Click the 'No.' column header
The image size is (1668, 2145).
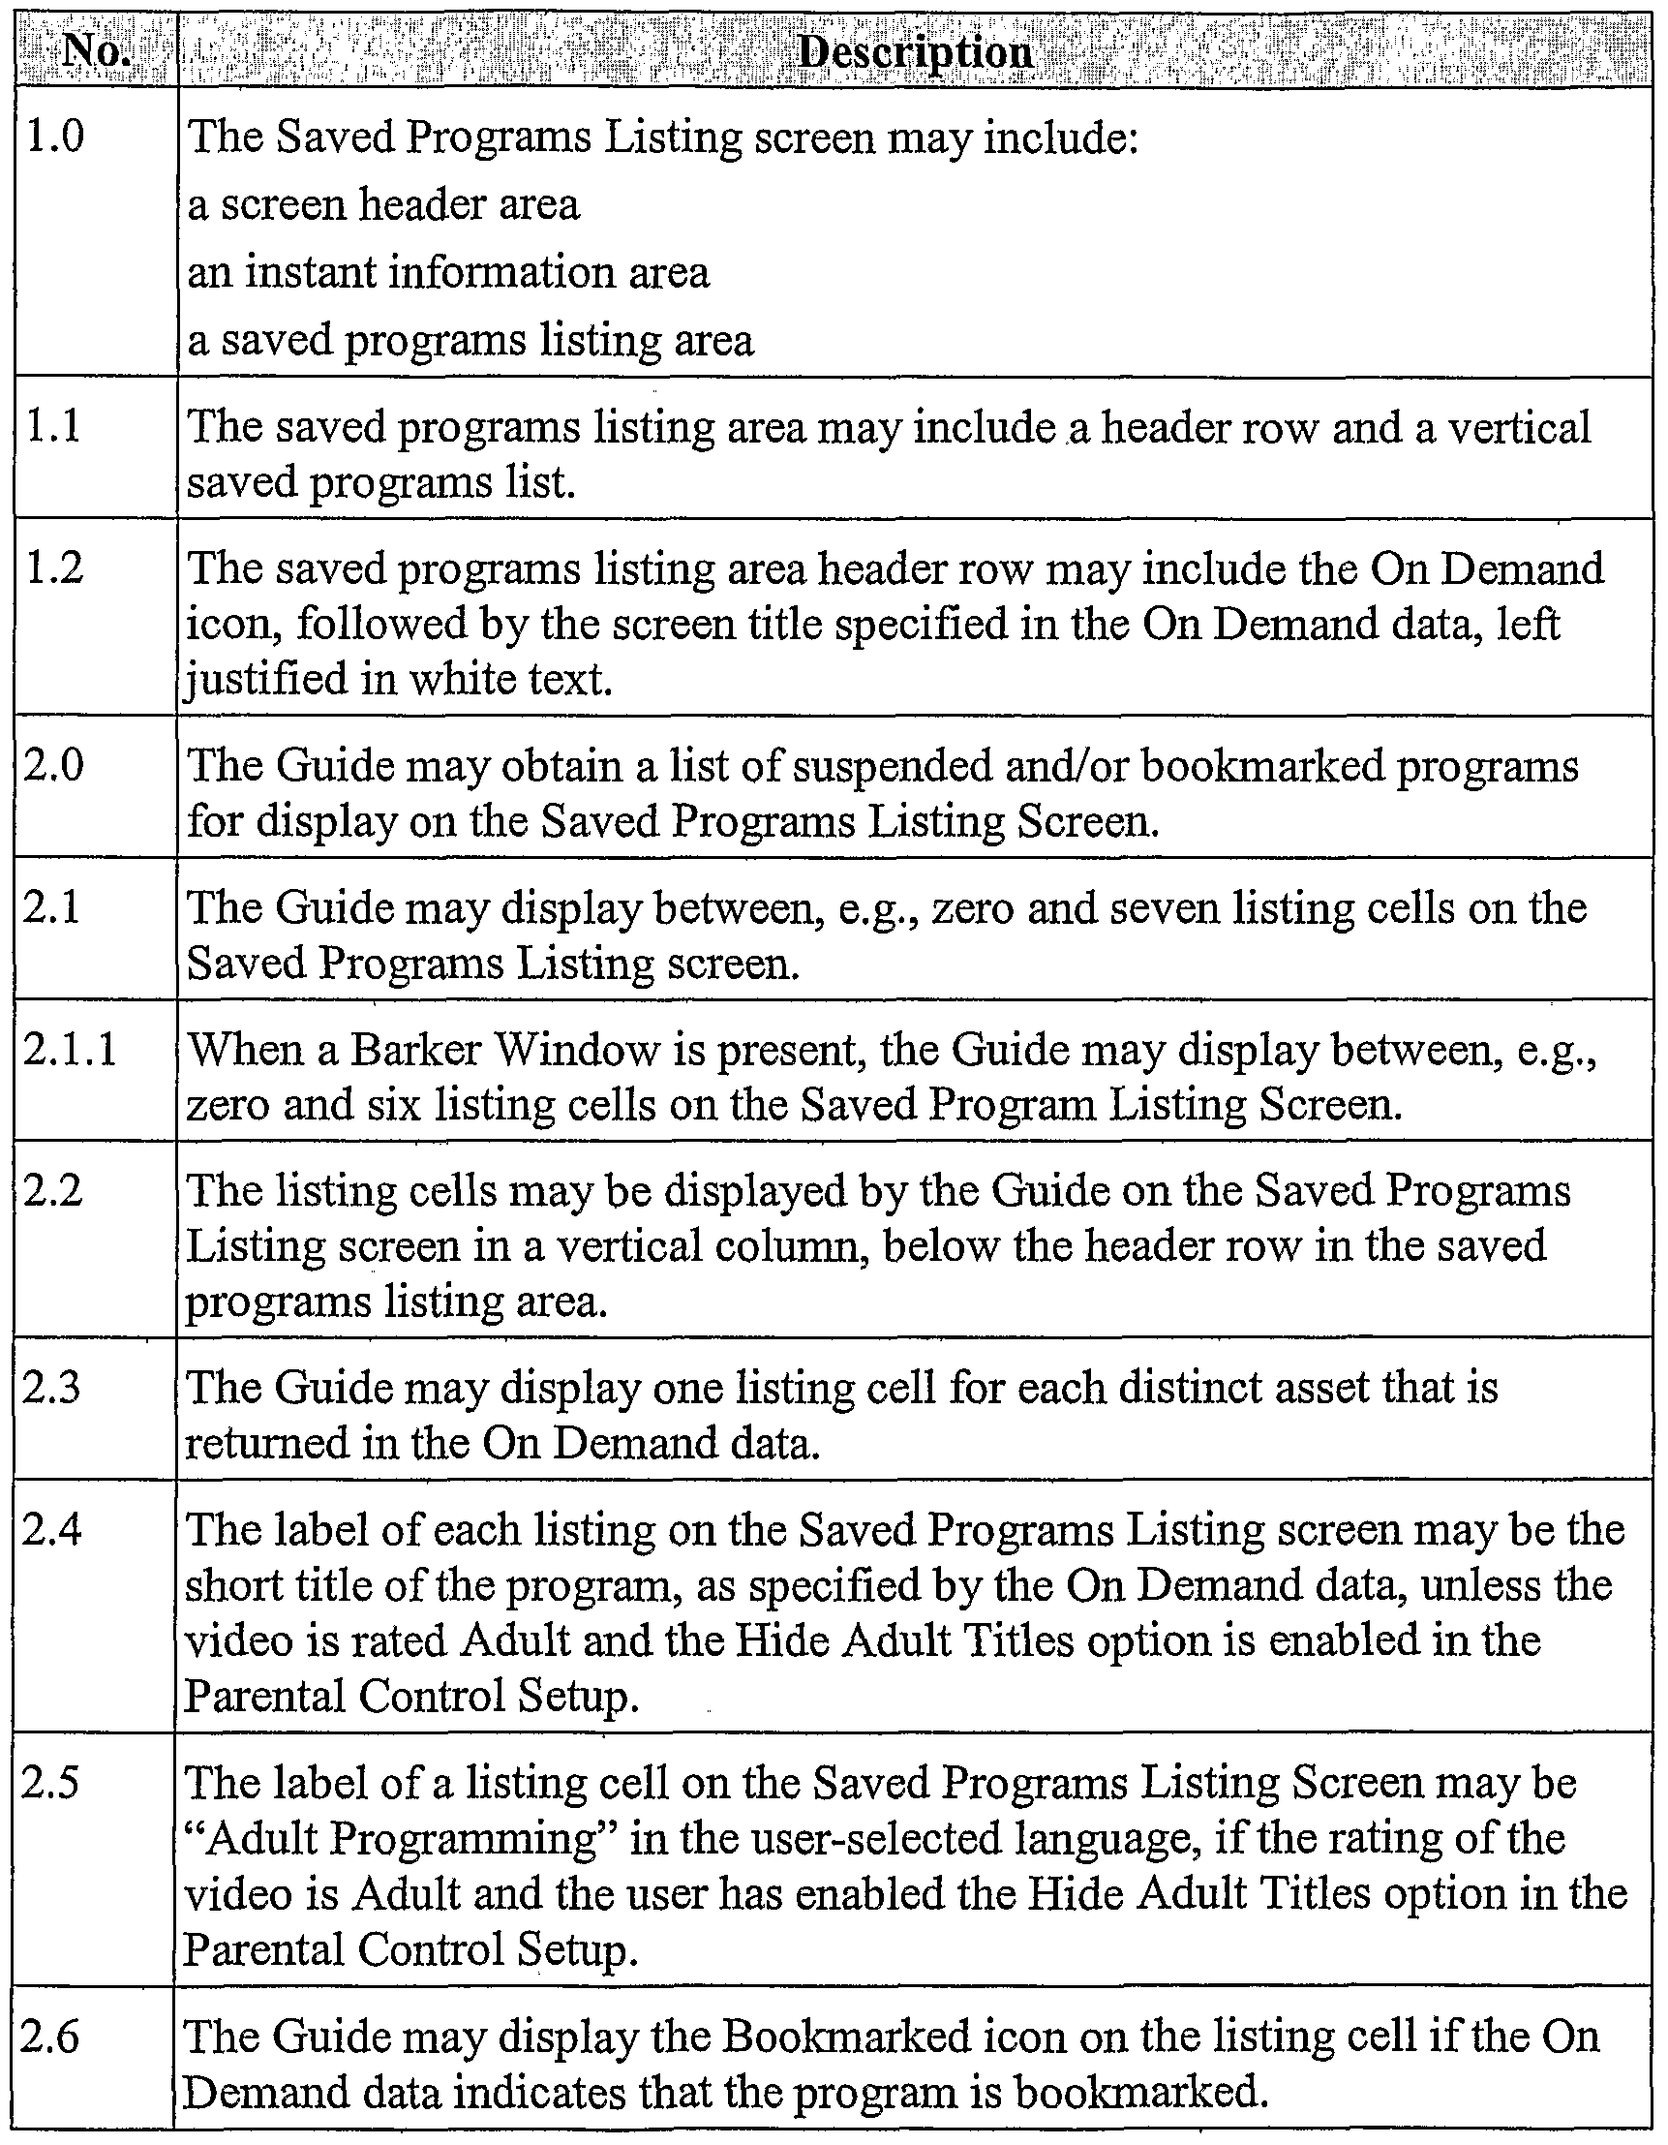(95, 49)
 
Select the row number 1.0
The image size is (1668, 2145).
(55, 137)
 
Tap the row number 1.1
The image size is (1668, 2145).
(53, 427)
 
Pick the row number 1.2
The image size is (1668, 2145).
(55, 568)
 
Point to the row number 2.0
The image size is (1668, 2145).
(55, 765)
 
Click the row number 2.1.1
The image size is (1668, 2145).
(70, 1050)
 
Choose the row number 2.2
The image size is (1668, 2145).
(55, 1191)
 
